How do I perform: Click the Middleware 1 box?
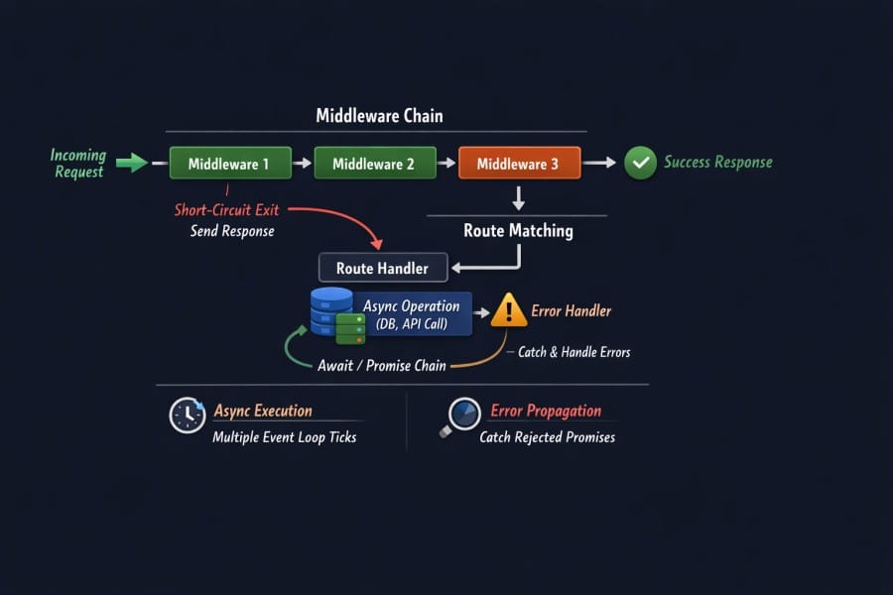(x=230, y=164)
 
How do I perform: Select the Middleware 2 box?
(x=375, y=164)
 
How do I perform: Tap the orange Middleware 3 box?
(x=519, y=164)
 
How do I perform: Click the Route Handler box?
(x=383, y=268)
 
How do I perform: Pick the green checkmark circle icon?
(x=640, y=163)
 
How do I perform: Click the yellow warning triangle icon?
(x=509, y=310)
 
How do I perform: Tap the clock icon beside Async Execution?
(x=187, y=415)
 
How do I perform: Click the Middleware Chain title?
(x=379, y=116)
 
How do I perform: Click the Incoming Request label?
(x=78, y=164)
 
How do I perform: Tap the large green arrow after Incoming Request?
(x=131, y=163)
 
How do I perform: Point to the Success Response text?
(x=717, y=163)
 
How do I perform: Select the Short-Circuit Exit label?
(x=227, y=210)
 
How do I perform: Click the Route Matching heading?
(x=518, y=231)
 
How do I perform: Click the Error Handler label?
(x=572, y=310)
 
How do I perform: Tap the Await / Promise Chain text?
(x=381, y=365)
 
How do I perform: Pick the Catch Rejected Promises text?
(x=547, y=436)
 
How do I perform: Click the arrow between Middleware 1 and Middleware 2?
(x=303, y=164)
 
